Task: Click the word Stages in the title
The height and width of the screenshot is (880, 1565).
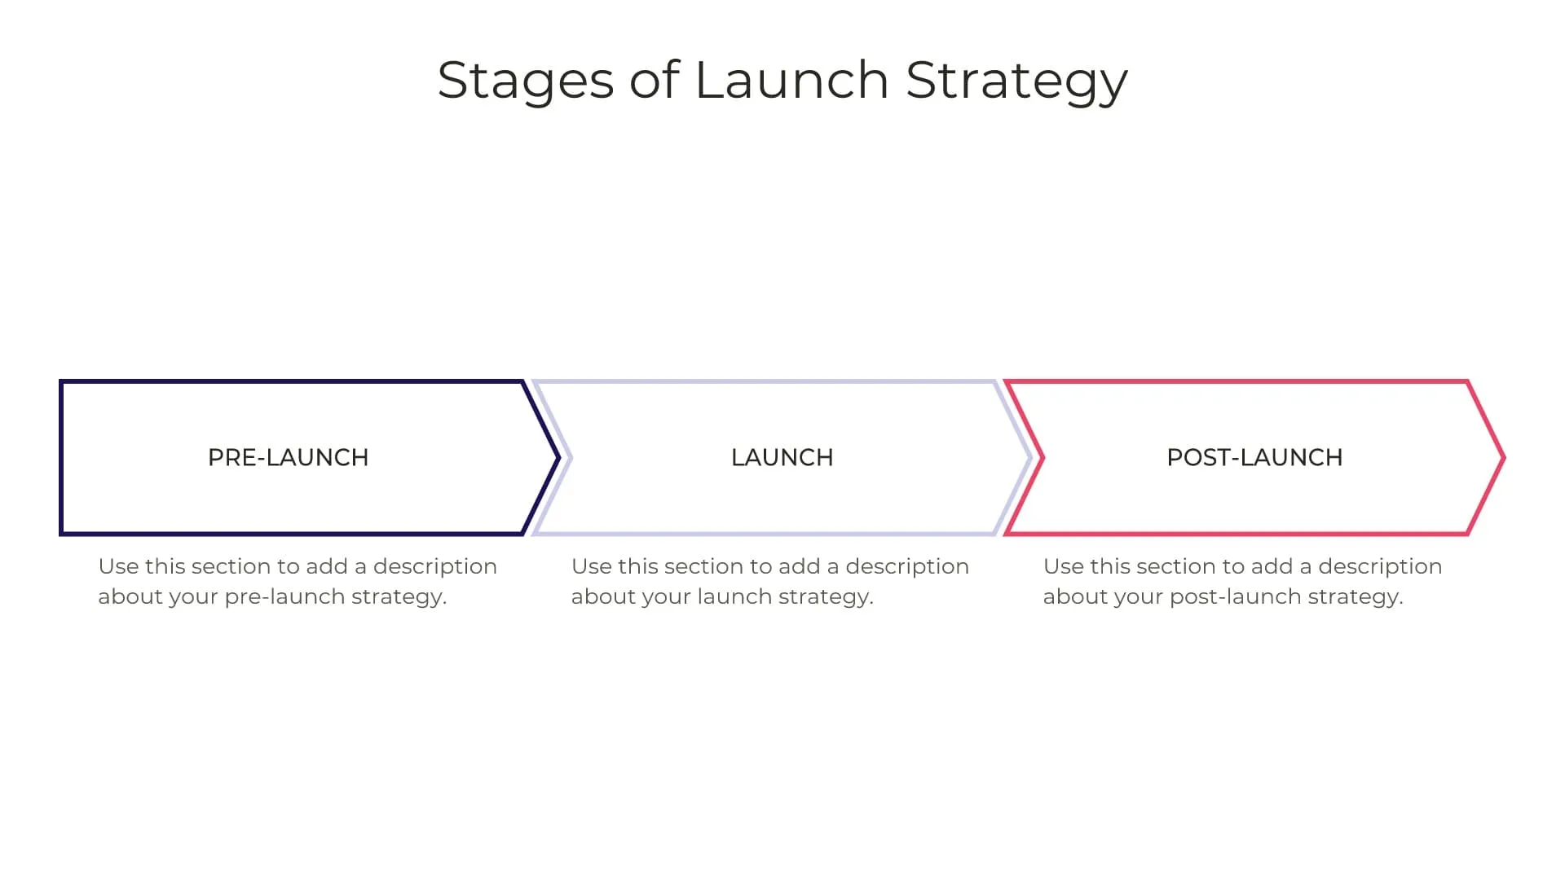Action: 526,81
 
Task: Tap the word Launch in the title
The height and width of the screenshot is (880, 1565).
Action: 791,81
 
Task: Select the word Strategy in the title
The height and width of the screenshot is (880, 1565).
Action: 1016,81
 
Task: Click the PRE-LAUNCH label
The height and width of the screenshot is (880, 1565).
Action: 289,458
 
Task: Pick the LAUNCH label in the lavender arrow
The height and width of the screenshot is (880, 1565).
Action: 782,458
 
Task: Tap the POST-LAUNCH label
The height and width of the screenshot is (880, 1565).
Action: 1254,458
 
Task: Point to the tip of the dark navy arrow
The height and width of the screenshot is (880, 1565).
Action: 558,458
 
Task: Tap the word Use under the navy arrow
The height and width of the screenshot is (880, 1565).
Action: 117,566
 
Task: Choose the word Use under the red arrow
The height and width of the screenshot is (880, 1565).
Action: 1063,566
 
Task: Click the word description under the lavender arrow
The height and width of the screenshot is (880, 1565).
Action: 906,566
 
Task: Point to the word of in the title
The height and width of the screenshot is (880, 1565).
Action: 654,81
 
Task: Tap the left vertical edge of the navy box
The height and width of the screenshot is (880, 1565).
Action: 61,458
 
